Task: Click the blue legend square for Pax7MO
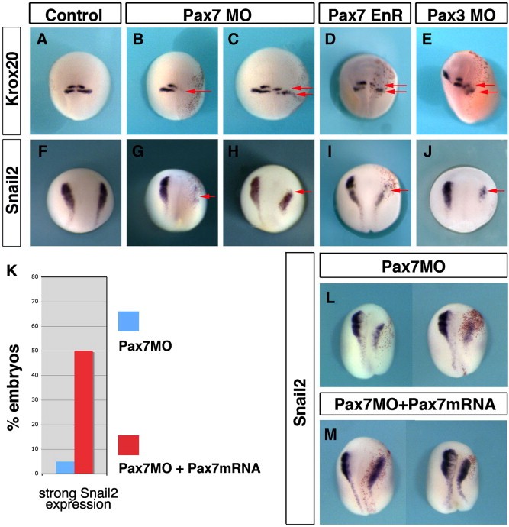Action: click(x=129, y=322)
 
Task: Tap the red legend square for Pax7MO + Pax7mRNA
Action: click(x=129, y=445)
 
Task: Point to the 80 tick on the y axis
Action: click(x=36, y=277)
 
